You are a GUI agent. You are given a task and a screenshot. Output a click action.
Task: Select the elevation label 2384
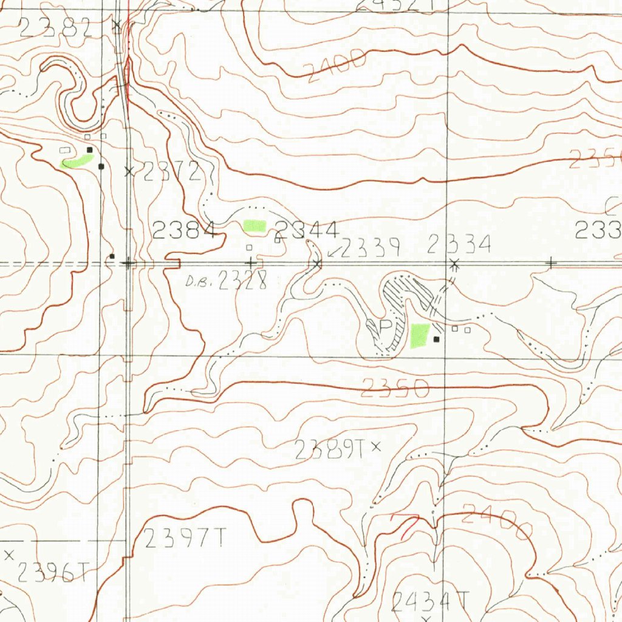[x=185, y=230]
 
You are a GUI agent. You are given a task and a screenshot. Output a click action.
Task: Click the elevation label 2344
[x=307, y=231]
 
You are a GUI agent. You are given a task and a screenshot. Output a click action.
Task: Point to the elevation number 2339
[x=370, y=248]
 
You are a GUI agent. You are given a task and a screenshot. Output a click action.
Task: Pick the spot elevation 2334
[x=459, y=245]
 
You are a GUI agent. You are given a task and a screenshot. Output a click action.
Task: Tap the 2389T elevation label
[x=329, y=449]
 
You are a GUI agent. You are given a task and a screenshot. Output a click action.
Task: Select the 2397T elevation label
[x=186, y=538]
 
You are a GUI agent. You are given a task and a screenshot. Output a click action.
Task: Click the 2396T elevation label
[x=53, y=572]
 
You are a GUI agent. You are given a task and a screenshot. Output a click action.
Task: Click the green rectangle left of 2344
[x=255, y=226]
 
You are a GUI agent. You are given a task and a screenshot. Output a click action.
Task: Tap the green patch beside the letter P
[x=420, y=335]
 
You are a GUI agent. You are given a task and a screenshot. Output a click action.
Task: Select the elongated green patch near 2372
[x=78, y=161]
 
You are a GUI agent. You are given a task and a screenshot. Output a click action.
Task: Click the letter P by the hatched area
[x=386, y=327]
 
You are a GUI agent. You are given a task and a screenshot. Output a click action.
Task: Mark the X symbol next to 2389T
[x=376, y=447]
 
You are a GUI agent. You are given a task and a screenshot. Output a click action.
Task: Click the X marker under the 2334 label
[x=454, y=263]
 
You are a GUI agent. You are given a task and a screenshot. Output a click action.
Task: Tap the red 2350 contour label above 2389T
[x=395, y=388]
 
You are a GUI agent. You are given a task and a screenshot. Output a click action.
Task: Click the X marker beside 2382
[x=117, y=25]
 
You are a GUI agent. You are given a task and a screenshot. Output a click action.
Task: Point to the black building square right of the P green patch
[x=437, y=339]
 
